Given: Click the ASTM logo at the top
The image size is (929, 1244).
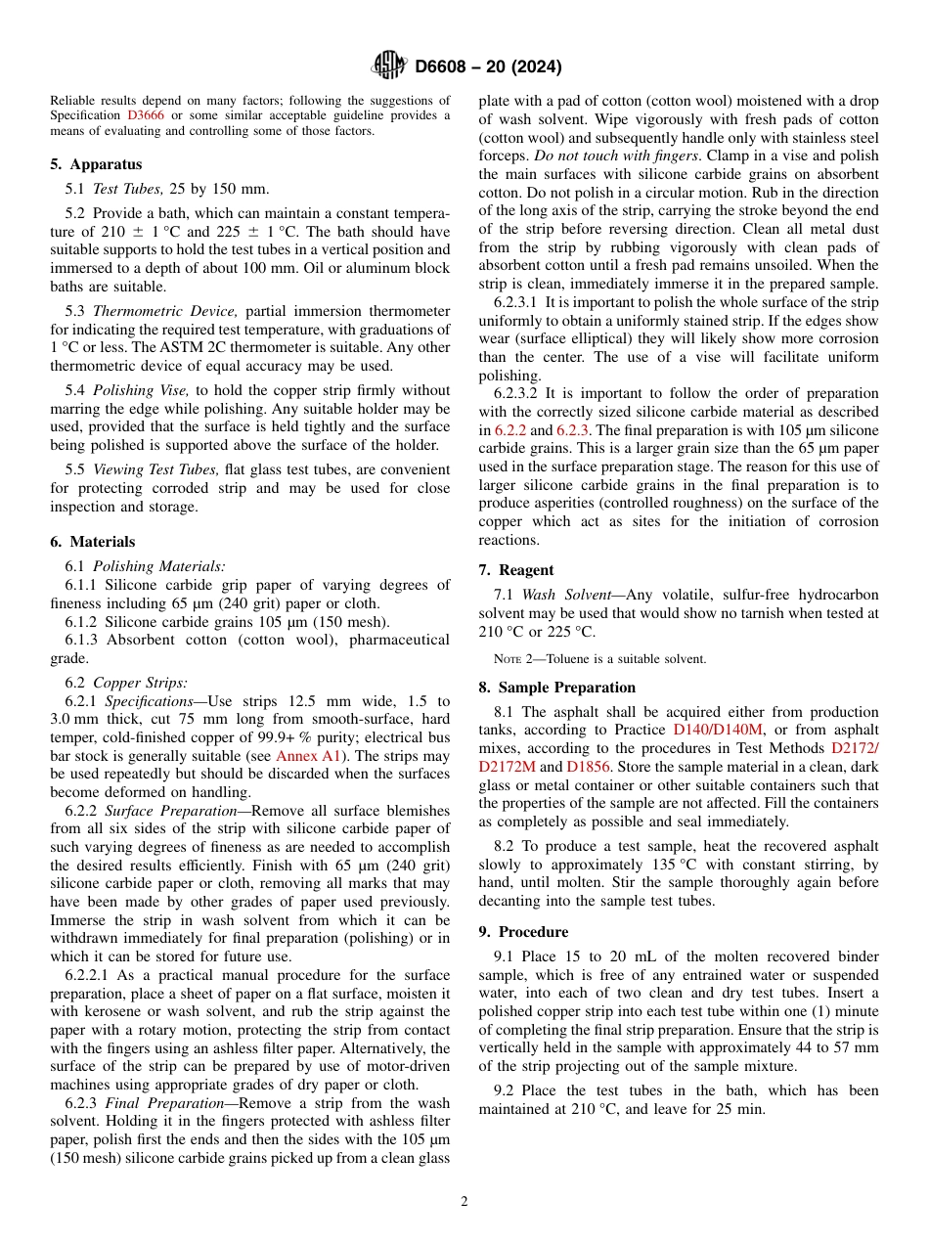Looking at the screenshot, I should (388, 67).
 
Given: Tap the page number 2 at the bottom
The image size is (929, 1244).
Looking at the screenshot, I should (464, 1202).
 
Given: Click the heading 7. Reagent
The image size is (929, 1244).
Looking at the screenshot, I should (516, 570).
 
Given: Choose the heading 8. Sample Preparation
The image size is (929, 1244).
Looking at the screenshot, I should (557, 688).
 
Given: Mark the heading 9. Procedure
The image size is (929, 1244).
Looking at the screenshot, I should (523, 932).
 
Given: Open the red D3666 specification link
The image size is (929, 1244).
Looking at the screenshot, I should (146, 115).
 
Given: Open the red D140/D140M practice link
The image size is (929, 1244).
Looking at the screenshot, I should (718, 731).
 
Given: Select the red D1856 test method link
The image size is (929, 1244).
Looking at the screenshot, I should (588, 768).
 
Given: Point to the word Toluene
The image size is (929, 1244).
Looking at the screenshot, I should (570, 660).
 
